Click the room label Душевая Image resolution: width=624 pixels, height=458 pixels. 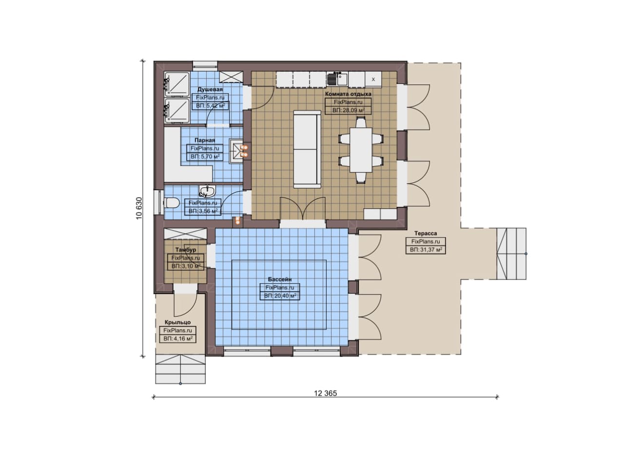click(210, 89)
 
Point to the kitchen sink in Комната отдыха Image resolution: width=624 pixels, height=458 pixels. click(336, 79)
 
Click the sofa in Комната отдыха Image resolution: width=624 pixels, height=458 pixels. click(307, 149)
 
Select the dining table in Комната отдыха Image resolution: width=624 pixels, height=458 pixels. click(361, 150)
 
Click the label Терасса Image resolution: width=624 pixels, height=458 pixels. click(426, 233)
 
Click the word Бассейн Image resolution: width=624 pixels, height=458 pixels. click(280, 279)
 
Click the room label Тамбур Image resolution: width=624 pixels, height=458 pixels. click(186, 250)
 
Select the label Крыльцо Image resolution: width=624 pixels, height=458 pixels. click(178, 322)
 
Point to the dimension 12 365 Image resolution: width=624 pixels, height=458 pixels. click(325, 393)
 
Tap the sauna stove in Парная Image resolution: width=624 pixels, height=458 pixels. click(235, 151)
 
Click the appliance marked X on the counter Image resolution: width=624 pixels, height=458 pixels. click(373, 80)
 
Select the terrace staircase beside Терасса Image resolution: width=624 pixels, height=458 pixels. click(511, 254)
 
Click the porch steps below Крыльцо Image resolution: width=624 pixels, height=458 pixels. click(180, 369)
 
